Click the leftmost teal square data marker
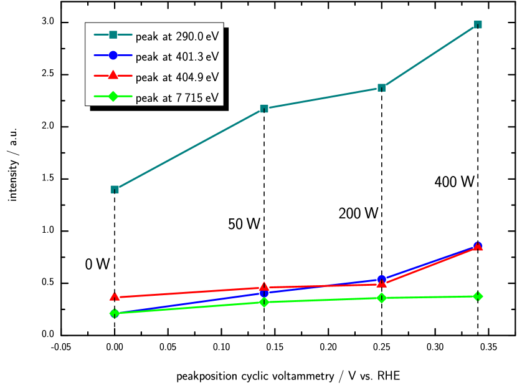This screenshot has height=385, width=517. coord(115,189)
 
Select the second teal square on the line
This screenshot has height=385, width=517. coord(264,109)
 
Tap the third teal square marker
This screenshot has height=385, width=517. coord(381,87)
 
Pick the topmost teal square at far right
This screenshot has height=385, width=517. coord(478,25)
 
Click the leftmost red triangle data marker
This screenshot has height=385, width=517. coord(115,297)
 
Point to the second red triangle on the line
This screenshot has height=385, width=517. coord(264,287)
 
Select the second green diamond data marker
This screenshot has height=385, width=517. coord(264,302)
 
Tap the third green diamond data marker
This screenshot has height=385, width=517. coord(381,298)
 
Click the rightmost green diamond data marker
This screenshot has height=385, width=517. coord(478,296)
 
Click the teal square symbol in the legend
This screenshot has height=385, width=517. coord(113,35)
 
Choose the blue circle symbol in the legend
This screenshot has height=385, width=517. coord(113,56)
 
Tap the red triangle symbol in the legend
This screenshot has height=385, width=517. coord(113,76)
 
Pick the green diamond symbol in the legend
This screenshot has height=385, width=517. coord(113,97)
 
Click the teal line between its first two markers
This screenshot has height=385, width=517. coord(189,149)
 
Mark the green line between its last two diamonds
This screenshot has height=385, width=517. coord(430,297)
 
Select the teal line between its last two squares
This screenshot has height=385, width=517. coord(430,56)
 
